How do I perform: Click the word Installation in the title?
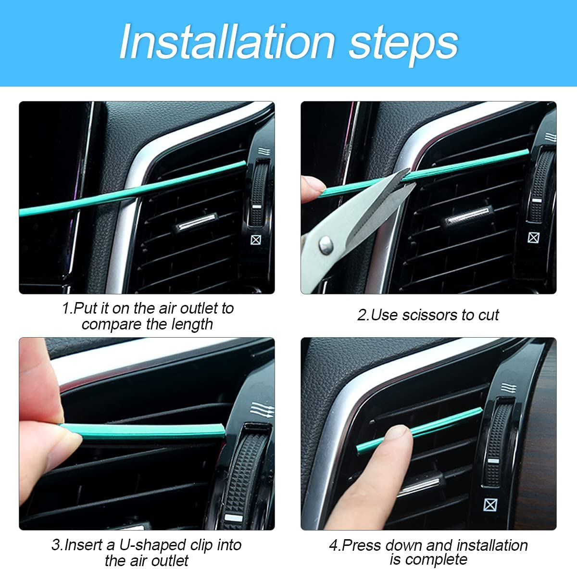226,42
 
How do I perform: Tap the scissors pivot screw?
326,244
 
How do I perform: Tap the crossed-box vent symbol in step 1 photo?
256,239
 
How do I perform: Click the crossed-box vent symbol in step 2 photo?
533,237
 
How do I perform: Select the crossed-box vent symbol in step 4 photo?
490,505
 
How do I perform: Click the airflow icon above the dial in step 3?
262,410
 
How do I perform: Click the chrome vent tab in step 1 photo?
197,222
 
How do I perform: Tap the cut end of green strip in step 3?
222,429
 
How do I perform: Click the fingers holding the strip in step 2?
312,189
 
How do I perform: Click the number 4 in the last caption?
333,545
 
